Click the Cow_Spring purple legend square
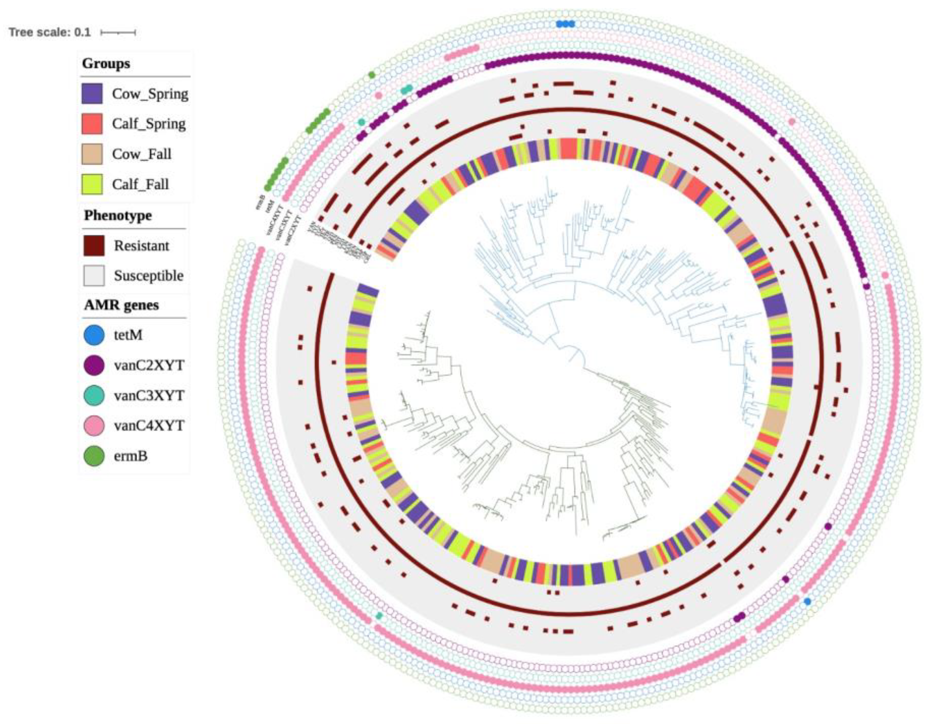click(92, 93)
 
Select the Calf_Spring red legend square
click(92, 123)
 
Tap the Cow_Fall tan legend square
click(92, 154)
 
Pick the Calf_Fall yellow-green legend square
click(92, 184)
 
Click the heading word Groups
click(106, 63)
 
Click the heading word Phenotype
click(118, 215)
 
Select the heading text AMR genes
click(121, 305)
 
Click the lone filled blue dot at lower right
click(807, 601)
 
